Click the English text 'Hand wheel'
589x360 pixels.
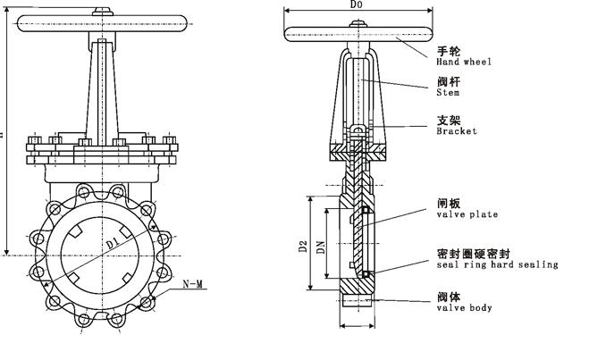(x=464, y=63)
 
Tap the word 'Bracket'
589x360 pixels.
(x=456, y=131)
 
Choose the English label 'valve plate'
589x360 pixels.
(x=467, y=214)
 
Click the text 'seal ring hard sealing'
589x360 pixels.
(x=497, y=264)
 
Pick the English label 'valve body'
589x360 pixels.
(x=464, y=308)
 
